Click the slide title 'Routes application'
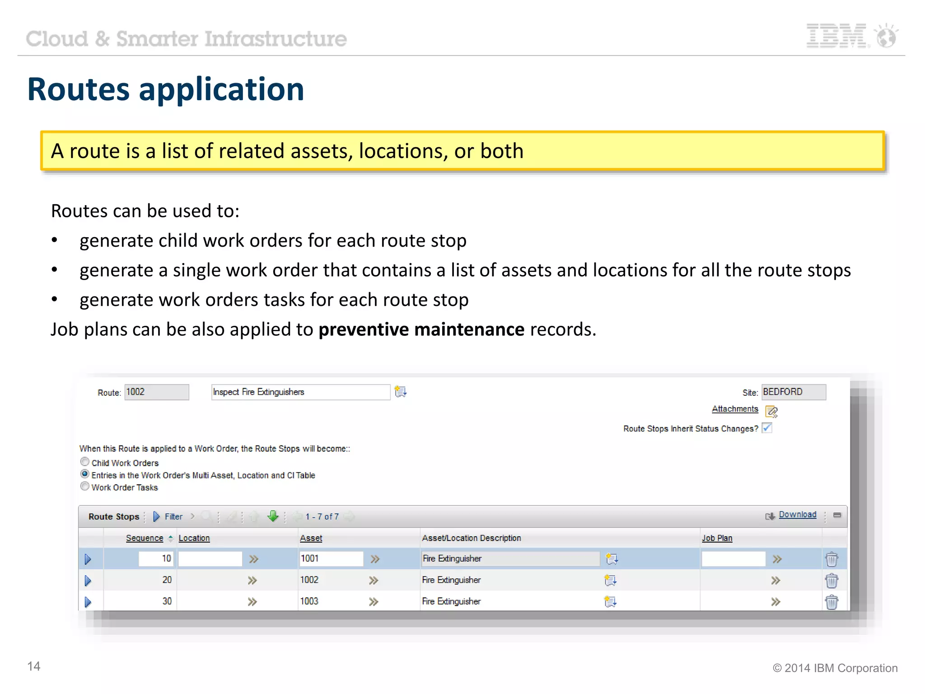point(166,89)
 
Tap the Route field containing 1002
point(156,392)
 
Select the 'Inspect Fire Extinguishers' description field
point(300,392)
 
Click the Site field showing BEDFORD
point(794,392)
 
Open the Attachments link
point(735,409)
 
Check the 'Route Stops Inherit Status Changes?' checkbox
point(767,427)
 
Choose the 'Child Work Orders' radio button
point(85,462)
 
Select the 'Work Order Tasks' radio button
point(85,486)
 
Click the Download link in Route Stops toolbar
point(797,515)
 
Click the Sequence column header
point(145,538)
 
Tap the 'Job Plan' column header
point(717,538)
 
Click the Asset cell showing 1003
point(309,601)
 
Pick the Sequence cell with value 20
point(167,580)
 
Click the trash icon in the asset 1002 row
point(832,581)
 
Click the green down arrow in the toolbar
point(273,516)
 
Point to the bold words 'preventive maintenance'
point(421,330)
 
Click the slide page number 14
point(34,666)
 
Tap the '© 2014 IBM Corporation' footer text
point(835,668)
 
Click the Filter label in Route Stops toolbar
point(173,517)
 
